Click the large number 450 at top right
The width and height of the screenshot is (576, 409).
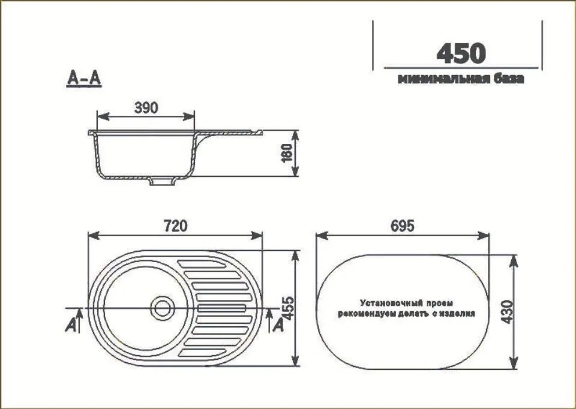coord(460,53)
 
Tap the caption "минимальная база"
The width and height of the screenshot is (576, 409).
coord(460,79)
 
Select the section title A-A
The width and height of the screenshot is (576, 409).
coord(83,79)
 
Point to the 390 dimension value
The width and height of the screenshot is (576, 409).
coord(146,107)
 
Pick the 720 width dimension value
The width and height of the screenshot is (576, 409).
coord(175,225)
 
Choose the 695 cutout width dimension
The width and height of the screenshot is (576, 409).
coord(403,225)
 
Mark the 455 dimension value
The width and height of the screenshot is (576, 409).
coord(287,308)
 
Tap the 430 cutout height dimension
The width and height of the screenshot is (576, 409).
coord(506,312)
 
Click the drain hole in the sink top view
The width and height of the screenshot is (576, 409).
coord(161,308)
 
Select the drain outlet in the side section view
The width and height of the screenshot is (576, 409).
coord(160,181)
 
